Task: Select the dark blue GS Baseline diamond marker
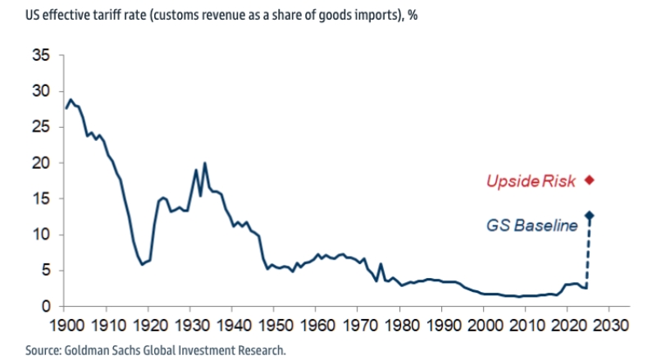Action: tap(589, 215)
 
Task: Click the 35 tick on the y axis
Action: tap(42, 56)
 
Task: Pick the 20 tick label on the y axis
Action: tap(42, 163)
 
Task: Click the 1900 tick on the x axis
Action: tap(66, 325)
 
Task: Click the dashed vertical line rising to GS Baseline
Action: tap(589, 254)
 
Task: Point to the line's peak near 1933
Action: tap(204, 163)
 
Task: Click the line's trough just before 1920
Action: tap(142, 264)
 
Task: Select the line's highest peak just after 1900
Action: tap(71, 99)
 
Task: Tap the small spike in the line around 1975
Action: tap(381, 264)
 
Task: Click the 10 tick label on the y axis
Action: tap(42, 235)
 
